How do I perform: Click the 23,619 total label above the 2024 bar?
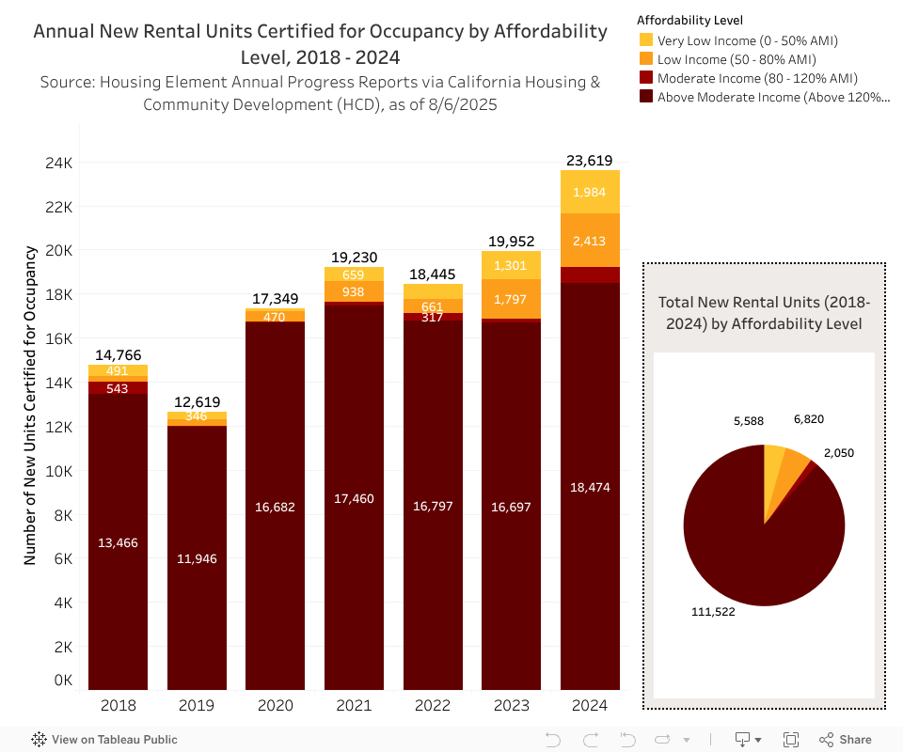coord(590,161)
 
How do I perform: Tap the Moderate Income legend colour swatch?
coord(646,78)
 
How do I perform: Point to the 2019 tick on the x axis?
coord(197,705)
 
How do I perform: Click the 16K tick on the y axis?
coord(58,338)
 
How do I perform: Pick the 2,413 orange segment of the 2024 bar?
coord(590,241)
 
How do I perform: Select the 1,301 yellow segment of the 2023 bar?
coord(512,265)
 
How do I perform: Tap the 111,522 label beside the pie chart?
coord(712,611)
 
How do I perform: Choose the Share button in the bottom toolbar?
coord(846,740)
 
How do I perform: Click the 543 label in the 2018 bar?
coord(119,388)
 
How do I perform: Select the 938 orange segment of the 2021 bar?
coord(355,292)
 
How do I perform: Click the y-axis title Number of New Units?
coord(30,404)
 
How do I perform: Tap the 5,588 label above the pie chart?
coord(750,420)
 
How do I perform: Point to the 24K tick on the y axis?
coord(58,163)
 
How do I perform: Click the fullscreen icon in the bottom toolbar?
coord(791,740)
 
